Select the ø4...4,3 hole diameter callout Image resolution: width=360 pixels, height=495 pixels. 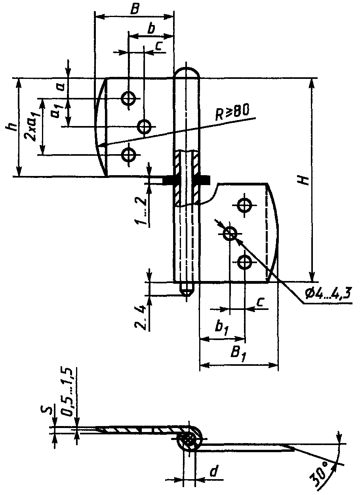click(x=328, y=294)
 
